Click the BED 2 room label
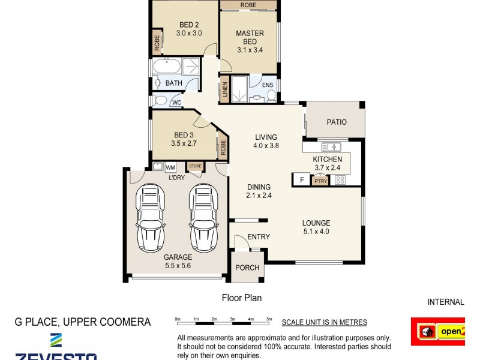coord(189,25)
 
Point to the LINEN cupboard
coord(225,89)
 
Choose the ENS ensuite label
coord(268,85)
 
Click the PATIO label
coord(337,122)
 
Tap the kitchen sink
coord(331,146)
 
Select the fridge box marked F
coord(301,179)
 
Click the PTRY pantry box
coord(320,180)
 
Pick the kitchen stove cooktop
coord(340,179)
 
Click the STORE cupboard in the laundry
coord(195,166)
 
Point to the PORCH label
coord(247,268)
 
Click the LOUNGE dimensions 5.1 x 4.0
coord(316,231)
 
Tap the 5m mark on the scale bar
coord(269,319)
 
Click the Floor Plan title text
coord(242,297)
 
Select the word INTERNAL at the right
coord(445,302)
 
